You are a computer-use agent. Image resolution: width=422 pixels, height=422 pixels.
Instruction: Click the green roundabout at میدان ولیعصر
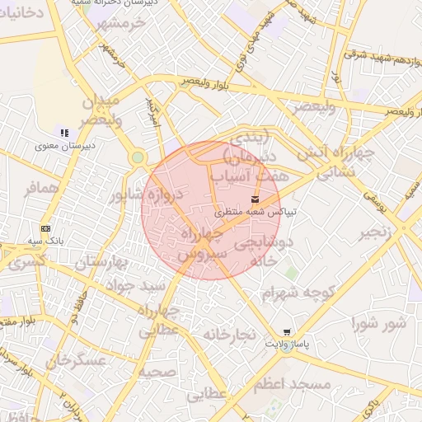138,157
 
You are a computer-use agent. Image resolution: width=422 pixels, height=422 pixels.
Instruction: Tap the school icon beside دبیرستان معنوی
63,133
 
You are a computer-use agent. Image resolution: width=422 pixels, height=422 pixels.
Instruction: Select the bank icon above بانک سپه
45,228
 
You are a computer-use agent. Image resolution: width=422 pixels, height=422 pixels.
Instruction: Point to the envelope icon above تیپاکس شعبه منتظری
254,199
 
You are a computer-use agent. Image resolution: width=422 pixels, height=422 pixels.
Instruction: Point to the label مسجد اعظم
292,385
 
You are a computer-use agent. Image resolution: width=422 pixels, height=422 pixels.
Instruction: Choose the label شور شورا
377,322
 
